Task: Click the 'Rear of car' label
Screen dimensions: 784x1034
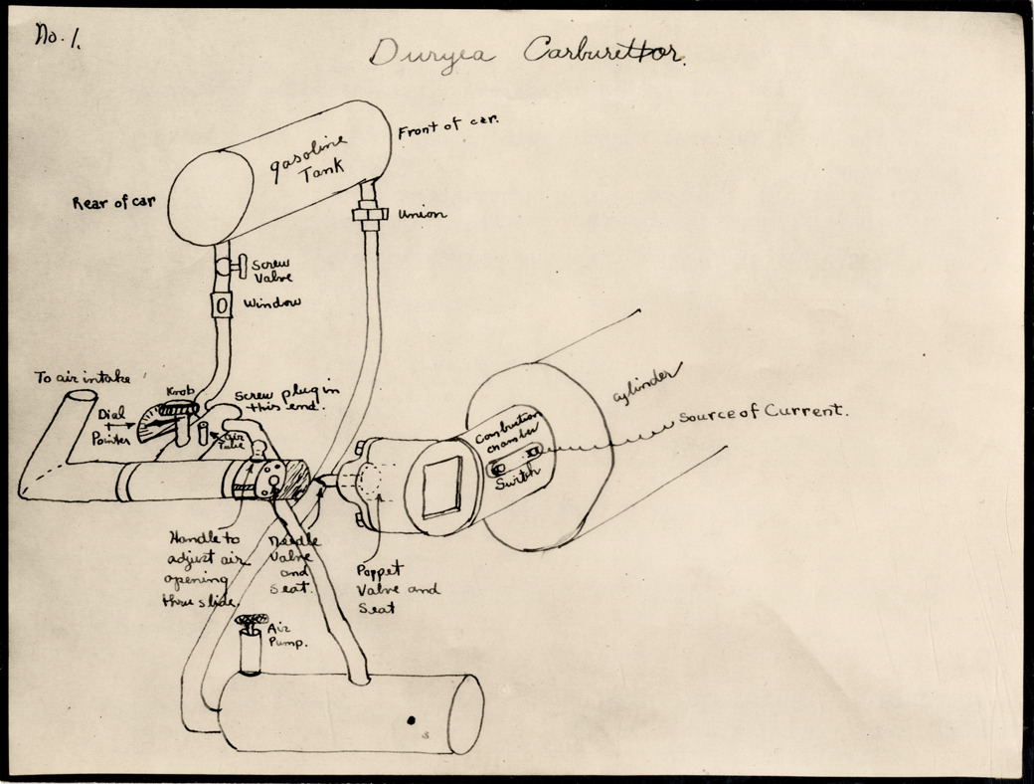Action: click(113, 202)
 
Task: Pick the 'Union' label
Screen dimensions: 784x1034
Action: click(422, 214)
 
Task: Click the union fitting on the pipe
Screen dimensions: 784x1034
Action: click(370, 216)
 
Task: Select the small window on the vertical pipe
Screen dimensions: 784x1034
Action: click(222, 302)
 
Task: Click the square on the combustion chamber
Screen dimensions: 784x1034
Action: click(441, 487)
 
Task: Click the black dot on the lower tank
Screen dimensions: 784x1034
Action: click(411, 718)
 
